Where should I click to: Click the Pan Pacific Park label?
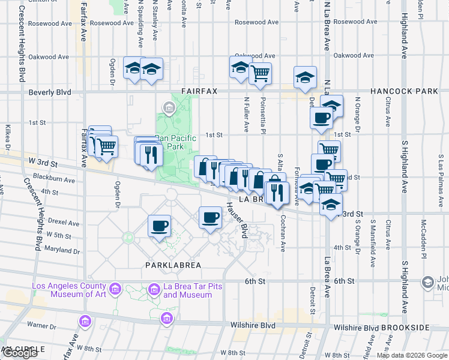[x=176, y=142]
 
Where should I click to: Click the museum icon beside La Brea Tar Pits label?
[x=153, y=290]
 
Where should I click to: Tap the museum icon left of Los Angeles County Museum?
[x=115, y=290]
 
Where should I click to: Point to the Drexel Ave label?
[x=65, y=223]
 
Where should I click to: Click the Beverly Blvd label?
[x=50, y=92]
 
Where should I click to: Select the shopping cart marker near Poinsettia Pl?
[x=261, y=74]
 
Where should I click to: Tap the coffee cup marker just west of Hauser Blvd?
[x=211, y=218]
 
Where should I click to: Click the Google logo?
[x=19, y=353]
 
